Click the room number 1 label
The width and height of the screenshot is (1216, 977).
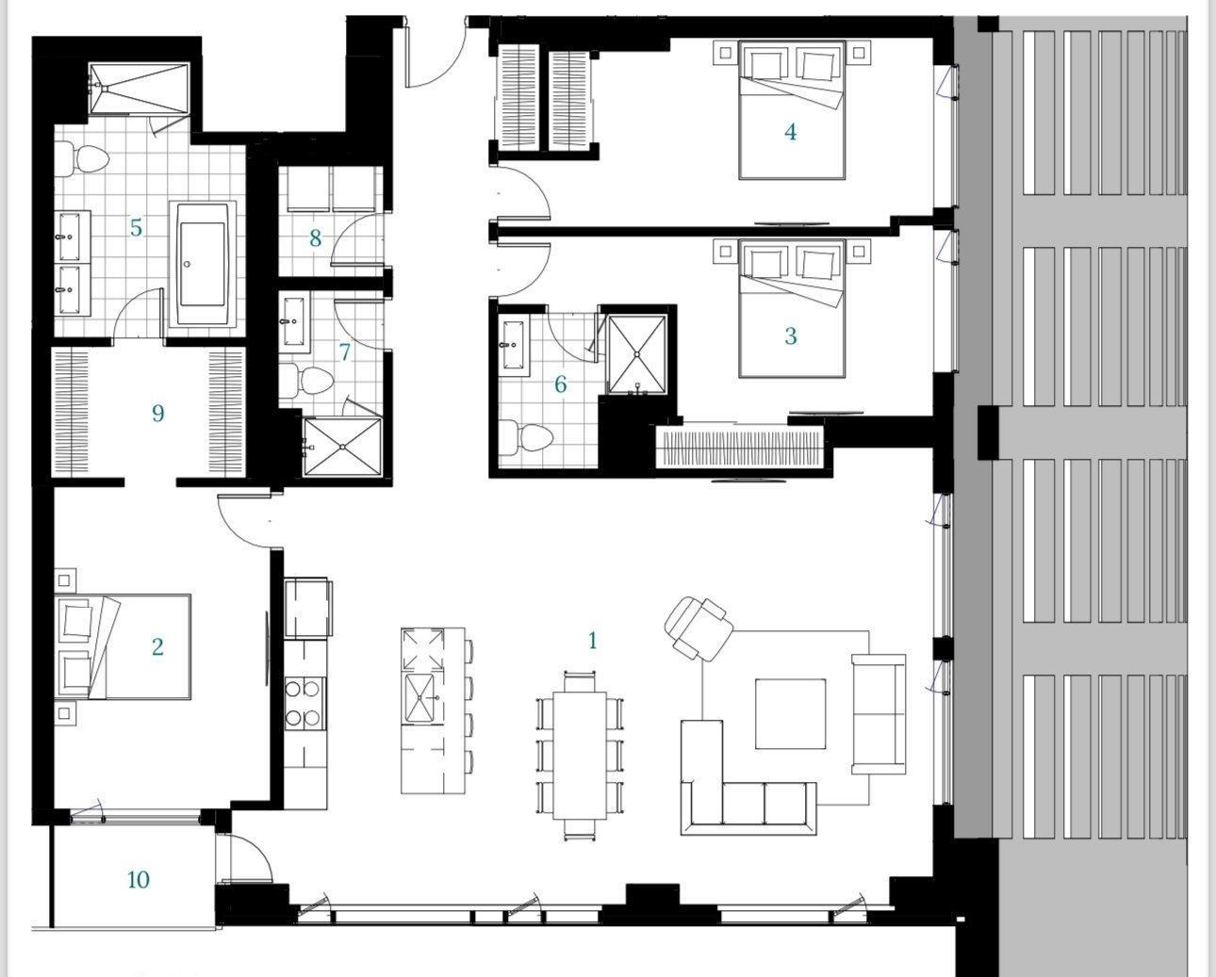click(x=592, y=641)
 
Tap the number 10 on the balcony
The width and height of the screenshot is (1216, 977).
click(x=138, y=880)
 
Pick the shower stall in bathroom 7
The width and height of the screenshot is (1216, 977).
click(x=342, y=448)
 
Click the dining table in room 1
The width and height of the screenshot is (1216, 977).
click(x=579, y=755)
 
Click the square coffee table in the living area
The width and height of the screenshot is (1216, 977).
click(x=791, y=713)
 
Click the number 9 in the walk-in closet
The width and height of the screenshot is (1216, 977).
click(x=157, y=413)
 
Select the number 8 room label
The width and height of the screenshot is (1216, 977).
click(x=316, y=239)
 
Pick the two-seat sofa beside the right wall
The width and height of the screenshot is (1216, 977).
click(x=879, y=714)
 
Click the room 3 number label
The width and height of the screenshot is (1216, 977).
click(x=791, y=335)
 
